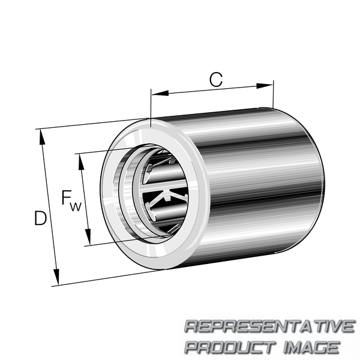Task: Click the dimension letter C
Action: pos(216,79)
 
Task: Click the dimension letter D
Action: pos(40,218)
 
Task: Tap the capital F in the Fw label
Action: pos(66,197)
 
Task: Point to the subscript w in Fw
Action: pos(76,206)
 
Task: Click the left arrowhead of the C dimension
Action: pos(160,93)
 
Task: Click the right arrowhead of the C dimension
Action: pos(265,86)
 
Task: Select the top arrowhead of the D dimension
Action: pos(42,137)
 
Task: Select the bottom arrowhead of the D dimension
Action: pos(56,277)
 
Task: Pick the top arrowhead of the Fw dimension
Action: pos(81,162)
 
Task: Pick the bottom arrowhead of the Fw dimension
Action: pos(88,237)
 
